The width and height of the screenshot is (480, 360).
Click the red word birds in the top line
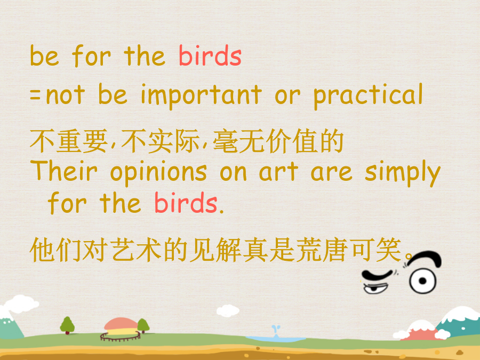tap(210, 55)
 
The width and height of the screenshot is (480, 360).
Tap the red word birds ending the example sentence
tap(186, 203)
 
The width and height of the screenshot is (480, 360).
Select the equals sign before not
tap(35, 94)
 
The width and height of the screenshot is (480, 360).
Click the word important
tap(201, 95)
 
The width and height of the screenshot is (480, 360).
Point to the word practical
tap(368, 95)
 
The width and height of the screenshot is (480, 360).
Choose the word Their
tap(63, 171)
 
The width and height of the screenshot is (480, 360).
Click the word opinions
tap(158, 173)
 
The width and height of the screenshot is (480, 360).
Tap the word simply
tap(403, 173)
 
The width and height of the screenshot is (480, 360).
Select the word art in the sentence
tap(278, 172)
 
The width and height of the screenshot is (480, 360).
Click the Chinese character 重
tap(69, 141)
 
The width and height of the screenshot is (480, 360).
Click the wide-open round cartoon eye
tap(423, 281)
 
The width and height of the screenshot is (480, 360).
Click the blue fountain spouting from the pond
tap(276, 331)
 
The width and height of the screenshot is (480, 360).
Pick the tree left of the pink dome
tap(67, 325)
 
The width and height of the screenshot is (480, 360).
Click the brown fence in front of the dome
tap(121, 337)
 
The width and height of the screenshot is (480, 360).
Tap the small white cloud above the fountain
tap(228, 311)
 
